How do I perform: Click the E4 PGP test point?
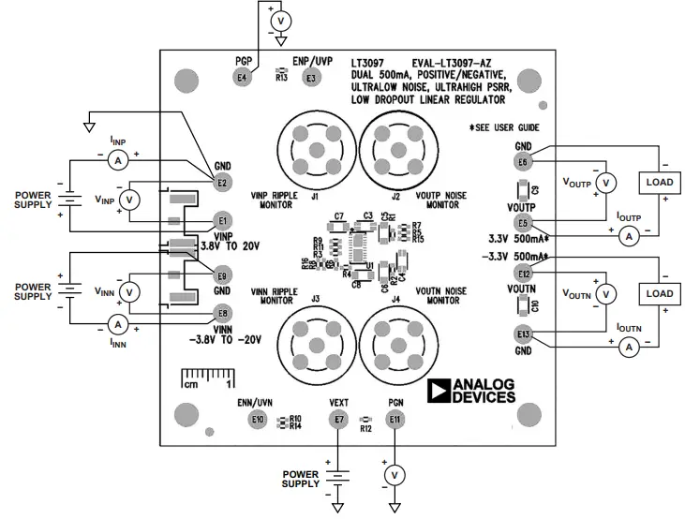click(x=244, y=78)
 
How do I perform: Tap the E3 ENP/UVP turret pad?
click(x=310, y=79)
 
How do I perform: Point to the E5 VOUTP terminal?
click(x=523, y=223)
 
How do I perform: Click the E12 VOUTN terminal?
click(x=523, y=274)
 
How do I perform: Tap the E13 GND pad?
click(x=523, y=334)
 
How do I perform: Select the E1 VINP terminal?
click(x=222, y=220)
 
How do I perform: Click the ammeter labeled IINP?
click(x=118, y=161)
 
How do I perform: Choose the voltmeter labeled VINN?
click(x=131, y=292)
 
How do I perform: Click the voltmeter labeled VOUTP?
click(x=605, y=182)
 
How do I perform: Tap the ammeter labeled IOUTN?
click(x=630, y=348)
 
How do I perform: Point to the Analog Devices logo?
click(x=470, y=392)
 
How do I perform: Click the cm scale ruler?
click(x=207, y=381)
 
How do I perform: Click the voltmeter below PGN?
click(x=395, y=475)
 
